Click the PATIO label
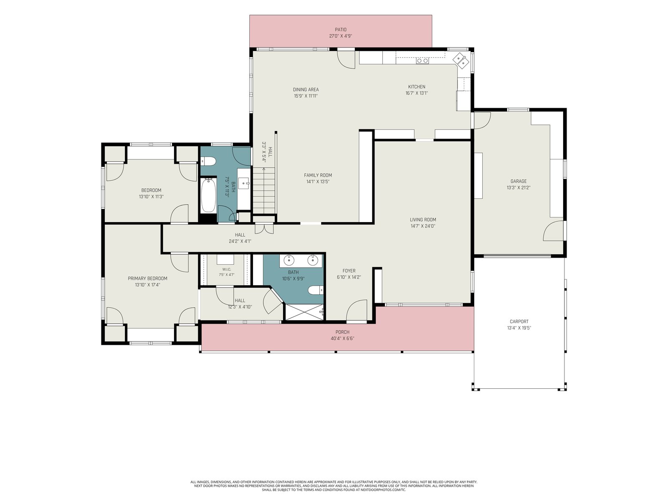click(341, 30)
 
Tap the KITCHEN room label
click(417, 87)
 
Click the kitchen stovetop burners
click(422, 61)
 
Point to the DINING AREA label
click(306, 89)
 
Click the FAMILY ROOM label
click(318, 175)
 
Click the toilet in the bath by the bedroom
click(208, 161)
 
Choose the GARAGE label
click(518, 181)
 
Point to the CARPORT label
click(519, 321)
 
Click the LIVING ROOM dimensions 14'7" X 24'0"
click(423, 226)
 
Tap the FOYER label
click(349, 271)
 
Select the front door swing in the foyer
click(357, 310)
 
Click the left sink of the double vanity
click(288, 261)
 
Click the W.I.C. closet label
click(226, 269)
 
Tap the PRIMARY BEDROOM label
click(147, 278)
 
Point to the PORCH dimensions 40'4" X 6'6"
click(342, 339)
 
